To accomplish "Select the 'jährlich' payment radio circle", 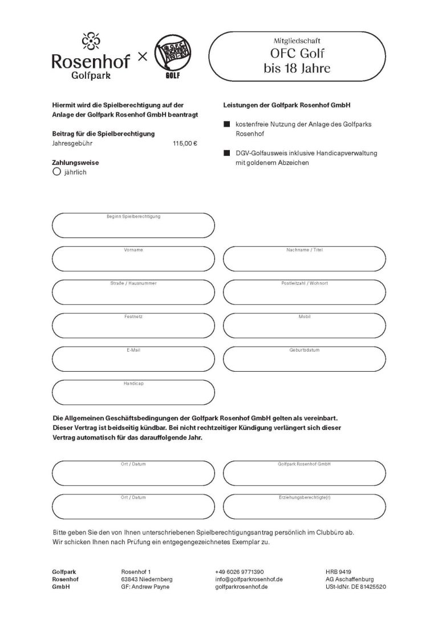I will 56,171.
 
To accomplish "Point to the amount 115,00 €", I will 185,143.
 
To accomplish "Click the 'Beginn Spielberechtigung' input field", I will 133,226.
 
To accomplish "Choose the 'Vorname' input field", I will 133,259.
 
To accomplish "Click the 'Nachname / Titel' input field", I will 303,259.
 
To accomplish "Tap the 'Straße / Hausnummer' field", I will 133,292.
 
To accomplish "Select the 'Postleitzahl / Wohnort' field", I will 303,292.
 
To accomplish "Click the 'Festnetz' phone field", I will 133,325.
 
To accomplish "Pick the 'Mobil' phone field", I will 303,325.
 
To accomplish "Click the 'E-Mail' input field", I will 133,358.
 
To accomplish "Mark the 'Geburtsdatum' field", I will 303,358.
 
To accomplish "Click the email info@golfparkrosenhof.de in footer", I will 249,579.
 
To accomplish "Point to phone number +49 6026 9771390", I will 240,571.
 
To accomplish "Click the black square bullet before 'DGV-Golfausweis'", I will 226,154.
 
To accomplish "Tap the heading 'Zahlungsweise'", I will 75,162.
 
